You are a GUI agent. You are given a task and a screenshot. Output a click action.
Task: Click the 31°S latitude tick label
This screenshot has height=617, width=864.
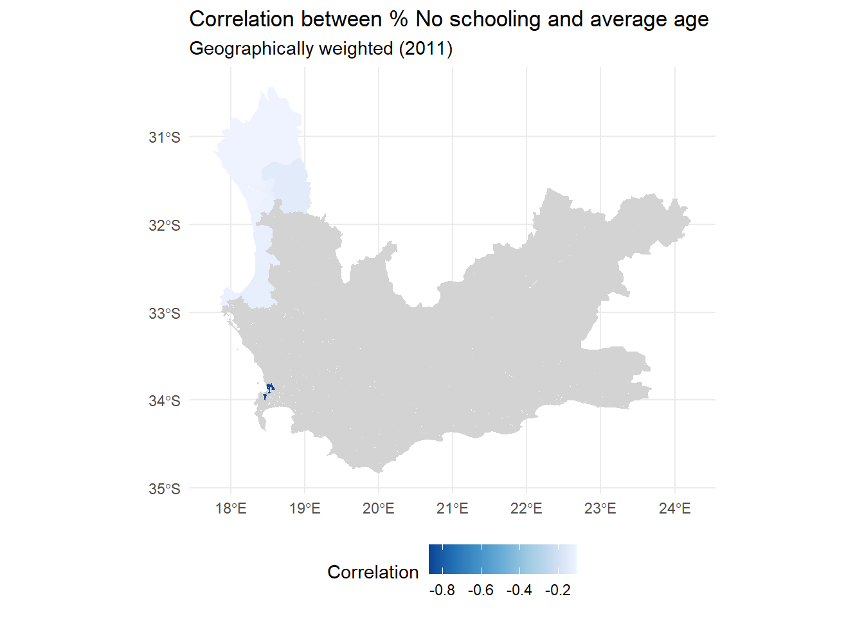pyautogui.click(x=165, y=138)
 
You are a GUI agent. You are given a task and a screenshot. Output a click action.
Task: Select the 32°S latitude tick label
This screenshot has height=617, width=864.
pyautogui.click(x=165, y=226)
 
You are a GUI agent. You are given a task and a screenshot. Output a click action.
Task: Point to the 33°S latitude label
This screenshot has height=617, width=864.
pyautogui.click(x=165, y=314)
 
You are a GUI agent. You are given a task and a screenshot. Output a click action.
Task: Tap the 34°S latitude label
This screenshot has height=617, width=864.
pyautogui.click(x=165, y=401)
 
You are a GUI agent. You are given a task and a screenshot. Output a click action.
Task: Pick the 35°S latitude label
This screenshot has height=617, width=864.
pyautogui.click(x=165, y=489)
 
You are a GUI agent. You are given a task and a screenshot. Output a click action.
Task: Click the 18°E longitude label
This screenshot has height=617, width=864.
pyautogui.click(x=231, y=509)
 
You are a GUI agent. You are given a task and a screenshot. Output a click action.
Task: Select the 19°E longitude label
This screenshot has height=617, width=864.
pyautogui.click(x=305, y=509)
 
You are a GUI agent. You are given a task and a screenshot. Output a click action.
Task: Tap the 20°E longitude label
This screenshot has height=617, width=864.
pyautogui.click(x=379, y=509)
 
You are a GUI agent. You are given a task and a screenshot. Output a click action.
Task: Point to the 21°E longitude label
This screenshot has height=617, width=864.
pyautogui.click(x=453, y=509)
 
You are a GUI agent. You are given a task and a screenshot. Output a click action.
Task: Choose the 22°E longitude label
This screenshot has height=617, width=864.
pyautogui.click(x=526, y=509)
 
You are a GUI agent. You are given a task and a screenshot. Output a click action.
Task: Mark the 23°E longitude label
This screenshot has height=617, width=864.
pyautogui.click(x=600, y=509)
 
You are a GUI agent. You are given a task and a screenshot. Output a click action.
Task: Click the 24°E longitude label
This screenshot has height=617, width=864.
pyautogui.click(x=675, y=509)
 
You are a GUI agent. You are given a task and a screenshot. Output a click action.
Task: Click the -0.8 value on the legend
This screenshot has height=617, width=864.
pyautogui.click(x=442, y=591)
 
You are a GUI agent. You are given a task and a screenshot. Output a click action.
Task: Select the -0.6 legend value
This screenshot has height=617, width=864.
pyautogui.click(x=481, y=591)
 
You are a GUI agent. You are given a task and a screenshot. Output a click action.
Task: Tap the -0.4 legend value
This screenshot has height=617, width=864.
pyautogui.click(x=519, y=591)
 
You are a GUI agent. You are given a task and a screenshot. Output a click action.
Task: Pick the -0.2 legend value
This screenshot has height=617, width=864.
pyautogui.click(x=558, y=591)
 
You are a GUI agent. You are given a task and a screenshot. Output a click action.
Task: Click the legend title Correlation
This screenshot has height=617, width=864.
pyautogui.click(x=373, y=572)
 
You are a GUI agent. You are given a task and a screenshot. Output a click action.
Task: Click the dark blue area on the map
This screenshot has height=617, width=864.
pyautogui.click(x=270, y=387)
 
